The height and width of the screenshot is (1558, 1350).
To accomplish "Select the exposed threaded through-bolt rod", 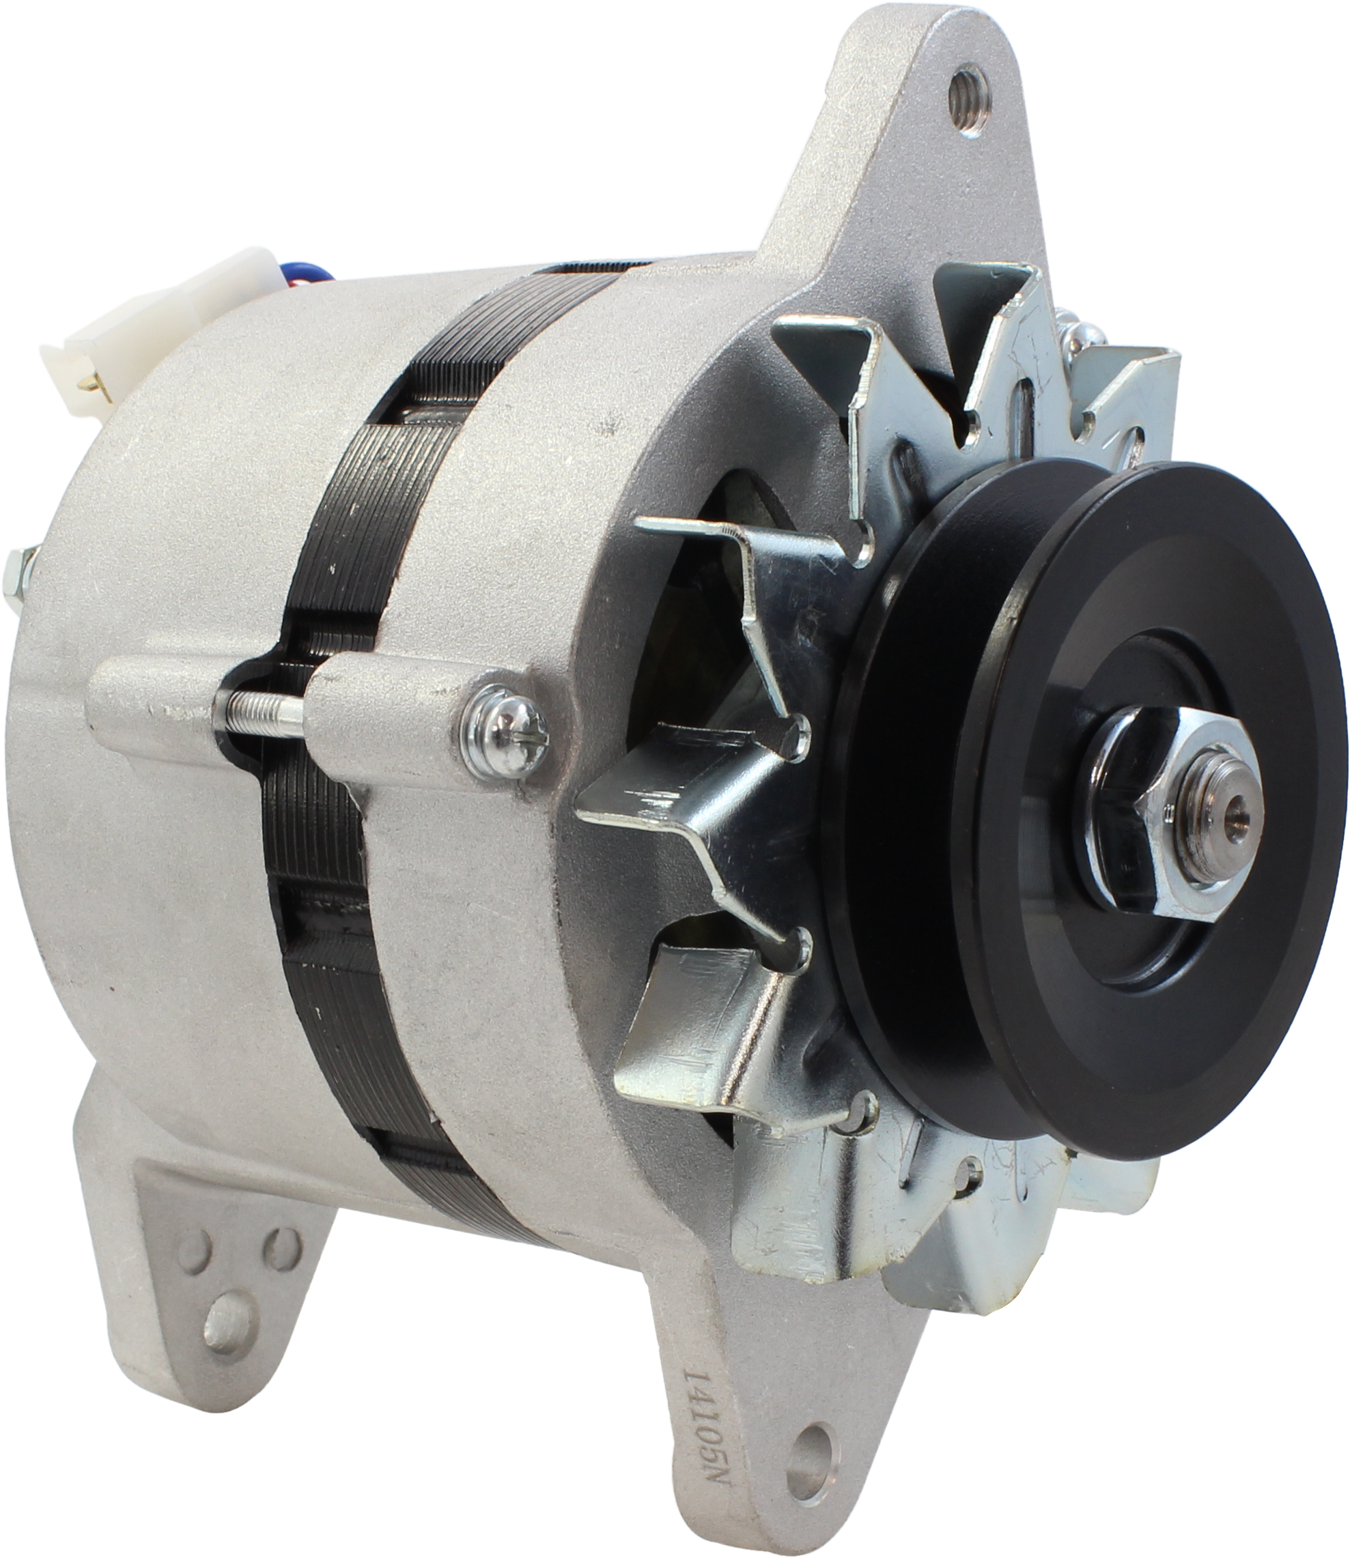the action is click(261, 708).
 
